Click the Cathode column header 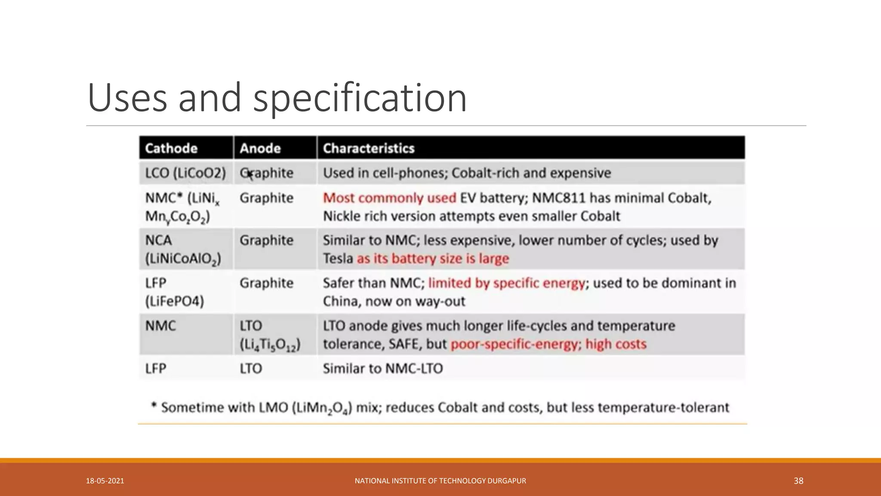pos(171,148)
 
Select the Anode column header pos(260,148)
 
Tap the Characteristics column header pos(369,148)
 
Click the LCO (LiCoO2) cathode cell pos(185,173)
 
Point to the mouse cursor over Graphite pos(250,174)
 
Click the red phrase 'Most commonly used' pos(389,198)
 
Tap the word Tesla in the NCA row pos(338,258)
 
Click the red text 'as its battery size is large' pos(433,258)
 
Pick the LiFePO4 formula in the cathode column pos(174,301)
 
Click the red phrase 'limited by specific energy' pos(506,283)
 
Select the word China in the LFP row pos(342,301)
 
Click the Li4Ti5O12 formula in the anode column pos(270,344)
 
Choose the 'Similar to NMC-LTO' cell pos(382,369)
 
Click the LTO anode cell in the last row pos(250,369)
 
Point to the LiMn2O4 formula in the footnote pos(322,408)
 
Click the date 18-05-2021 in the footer pos(105,481)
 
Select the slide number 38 pos(798,481)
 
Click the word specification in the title pos(360,98)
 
